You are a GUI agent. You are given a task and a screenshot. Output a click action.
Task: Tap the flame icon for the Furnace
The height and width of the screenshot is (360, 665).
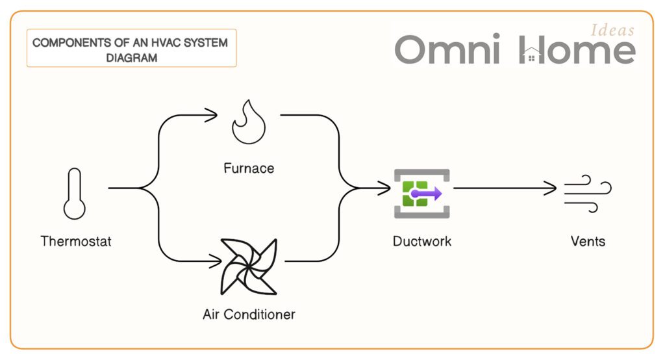249,123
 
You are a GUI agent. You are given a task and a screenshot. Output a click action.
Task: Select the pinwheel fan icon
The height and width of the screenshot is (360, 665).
249,267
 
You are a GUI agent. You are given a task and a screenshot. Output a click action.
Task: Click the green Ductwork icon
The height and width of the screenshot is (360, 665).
421,193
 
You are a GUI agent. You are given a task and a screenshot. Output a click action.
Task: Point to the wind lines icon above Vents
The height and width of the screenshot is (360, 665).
587,193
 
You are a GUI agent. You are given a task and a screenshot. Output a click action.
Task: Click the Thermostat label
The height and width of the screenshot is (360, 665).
76,242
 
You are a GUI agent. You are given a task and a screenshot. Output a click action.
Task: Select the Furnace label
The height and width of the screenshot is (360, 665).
249,168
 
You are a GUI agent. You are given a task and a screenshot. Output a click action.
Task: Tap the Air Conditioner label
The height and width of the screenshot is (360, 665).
249,315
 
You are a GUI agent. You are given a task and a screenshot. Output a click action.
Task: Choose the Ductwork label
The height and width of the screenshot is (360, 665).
422,242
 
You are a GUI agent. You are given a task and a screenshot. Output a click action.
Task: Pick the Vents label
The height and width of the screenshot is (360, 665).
588,242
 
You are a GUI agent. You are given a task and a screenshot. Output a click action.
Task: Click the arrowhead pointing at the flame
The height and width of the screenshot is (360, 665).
212,116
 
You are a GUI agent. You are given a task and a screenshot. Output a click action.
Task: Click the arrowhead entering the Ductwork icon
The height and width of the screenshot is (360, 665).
386,189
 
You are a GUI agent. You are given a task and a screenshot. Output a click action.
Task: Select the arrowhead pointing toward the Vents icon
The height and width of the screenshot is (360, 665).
553,189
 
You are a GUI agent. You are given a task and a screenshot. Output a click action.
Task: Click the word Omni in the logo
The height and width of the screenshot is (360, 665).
447,50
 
